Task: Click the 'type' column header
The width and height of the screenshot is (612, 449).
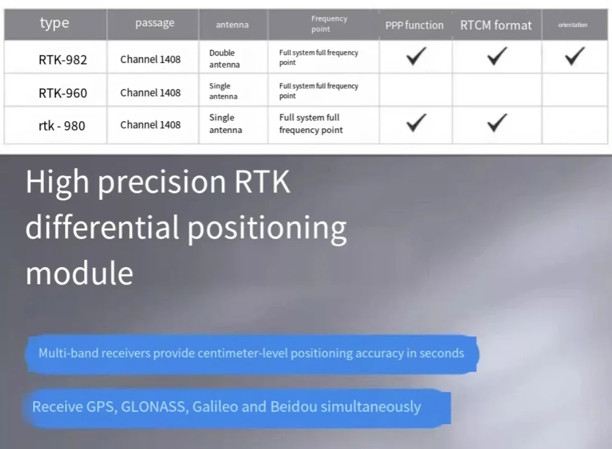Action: click(x=54, y=24)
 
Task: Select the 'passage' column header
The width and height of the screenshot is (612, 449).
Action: click(x=155, y=24)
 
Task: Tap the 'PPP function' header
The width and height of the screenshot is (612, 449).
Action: click(x=415, y=25)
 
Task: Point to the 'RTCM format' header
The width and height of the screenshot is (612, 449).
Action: click(x=496, y=25)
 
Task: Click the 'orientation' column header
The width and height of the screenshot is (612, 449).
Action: click(x=573, y=25)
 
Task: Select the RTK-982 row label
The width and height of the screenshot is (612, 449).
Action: click(x=63, y=59)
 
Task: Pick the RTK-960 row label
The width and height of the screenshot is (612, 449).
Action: click(x=63, y=93)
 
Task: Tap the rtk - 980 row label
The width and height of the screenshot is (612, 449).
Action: click(x=62, y=126)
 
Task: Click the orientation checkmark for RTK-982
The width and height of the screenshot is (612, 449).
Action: click(x=575, y=56)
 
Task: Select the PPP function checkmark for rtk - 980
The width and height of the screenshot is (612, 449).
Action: click(x=416, y=122)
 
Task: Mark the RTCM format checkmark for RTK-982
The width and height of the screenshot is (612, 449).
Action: click(x=497, y=56)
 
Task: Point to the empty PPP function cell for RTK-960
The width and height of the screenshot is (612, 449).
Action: click(x=416, y=90)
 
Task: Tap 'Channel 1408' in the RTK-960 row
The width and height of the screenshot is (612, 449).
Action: click(x=150, y=93)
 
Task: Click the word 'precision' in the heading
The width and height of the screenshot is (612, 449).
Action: click(x=162, y=182)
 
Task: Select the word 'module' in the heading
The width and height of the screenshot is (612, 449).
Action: click(x=79, y=273)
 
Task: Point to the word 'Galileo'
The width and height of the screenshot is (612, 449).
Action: click(x=215, y=407)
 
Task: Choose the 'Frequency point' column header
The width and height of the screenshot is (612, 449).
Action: click(x=329, y=24)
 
